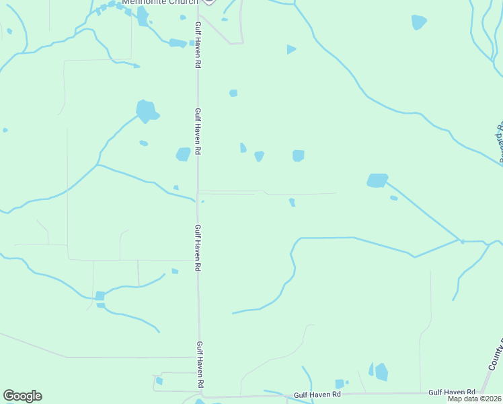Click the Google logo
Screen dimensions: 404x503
[x=22, y=396]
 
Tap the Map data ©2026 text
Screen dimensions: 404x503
[x=474, y=399]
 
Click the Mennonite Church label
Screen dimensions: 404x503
[x=159, y=2]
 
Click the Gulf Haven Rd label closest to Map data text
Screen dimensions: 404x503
[x=452, y=392]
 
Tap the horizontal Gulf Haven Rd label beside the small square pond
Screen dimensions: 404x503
[x=317, y=394]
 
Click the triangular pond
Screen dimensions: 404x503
[x=291, y=49]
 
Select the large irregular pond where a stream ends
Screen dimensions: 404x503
[x=146, y=110]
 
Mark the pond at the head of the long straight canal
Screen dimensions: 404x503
[x=377, y=180]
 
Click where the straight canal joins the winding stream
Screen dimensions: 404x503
[x=461, y=240]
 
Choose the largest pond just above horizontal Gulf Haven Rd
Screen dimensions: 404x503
[x=381, y=372]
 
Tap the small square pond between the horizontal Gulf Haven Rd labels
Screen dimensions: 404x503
[x=340, y=384]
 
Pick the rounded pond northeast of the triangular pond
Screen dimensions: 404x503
[x=418, y=22]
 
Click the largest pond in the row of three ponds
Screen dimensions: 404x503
[x=299, y=156]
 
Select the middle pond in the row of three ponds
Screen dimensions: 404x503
[x=259, y=156]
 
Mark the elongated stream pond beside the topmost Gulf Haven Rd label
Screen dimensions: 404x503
[x=178, y=43]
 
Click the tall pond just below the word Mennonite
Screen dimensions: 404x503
[x=143, y=16]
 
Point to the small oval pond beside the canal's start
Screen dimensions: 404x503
[x=393, y=198]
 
